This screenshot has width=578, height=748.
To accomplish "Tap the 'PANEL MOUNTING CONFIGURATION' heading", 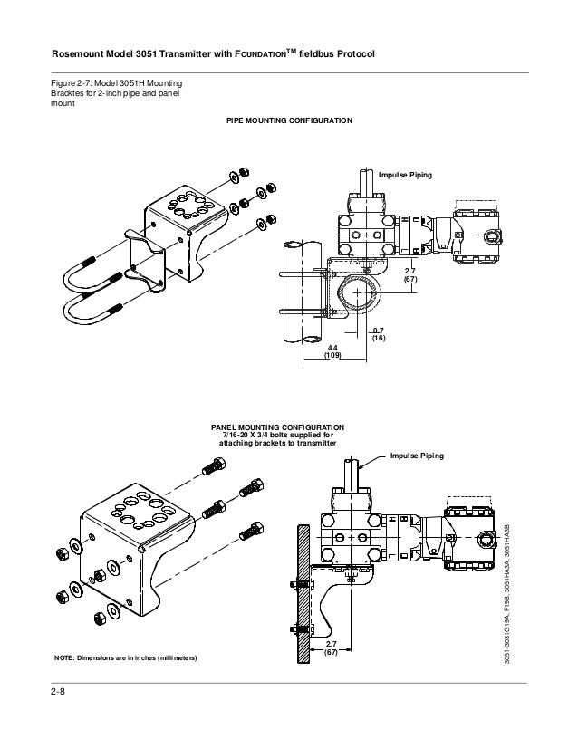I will click(277, 426).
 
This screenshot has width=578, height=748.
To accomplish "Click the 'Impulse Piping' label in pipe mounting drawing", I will click(405, 174).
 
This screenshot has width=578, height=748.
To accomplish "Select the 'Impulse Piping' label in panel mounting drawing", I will click(417, 456).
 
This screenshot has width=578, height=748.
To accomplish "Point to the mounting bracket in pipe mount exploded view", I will click(172, 226).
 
